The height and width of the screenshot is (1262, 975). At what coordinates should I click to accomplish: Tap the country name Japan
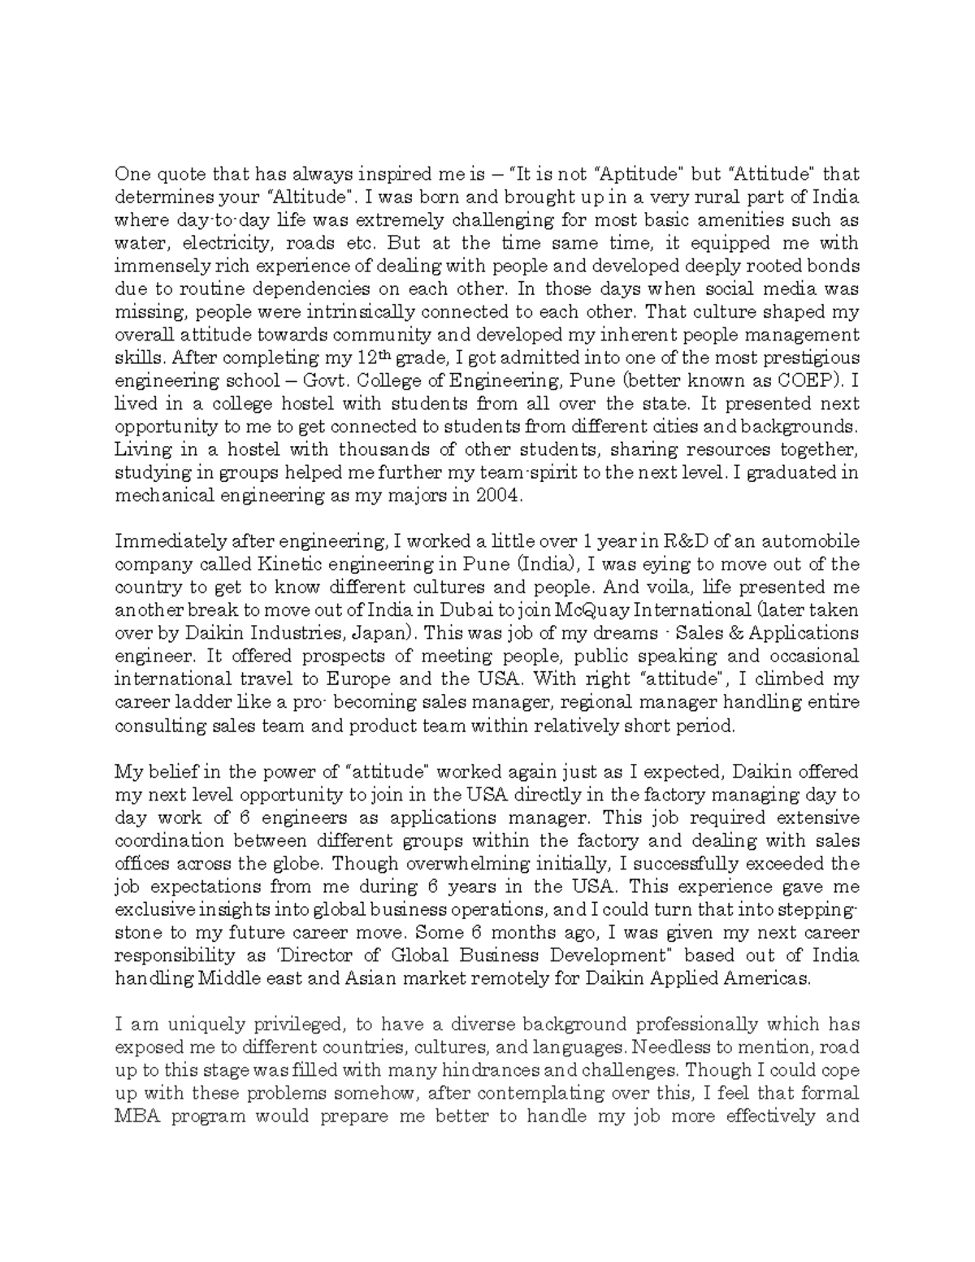[x=380, y=633]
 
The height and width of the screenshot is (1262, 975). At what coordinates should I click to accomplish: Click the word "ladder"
[x=199, y=702]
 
